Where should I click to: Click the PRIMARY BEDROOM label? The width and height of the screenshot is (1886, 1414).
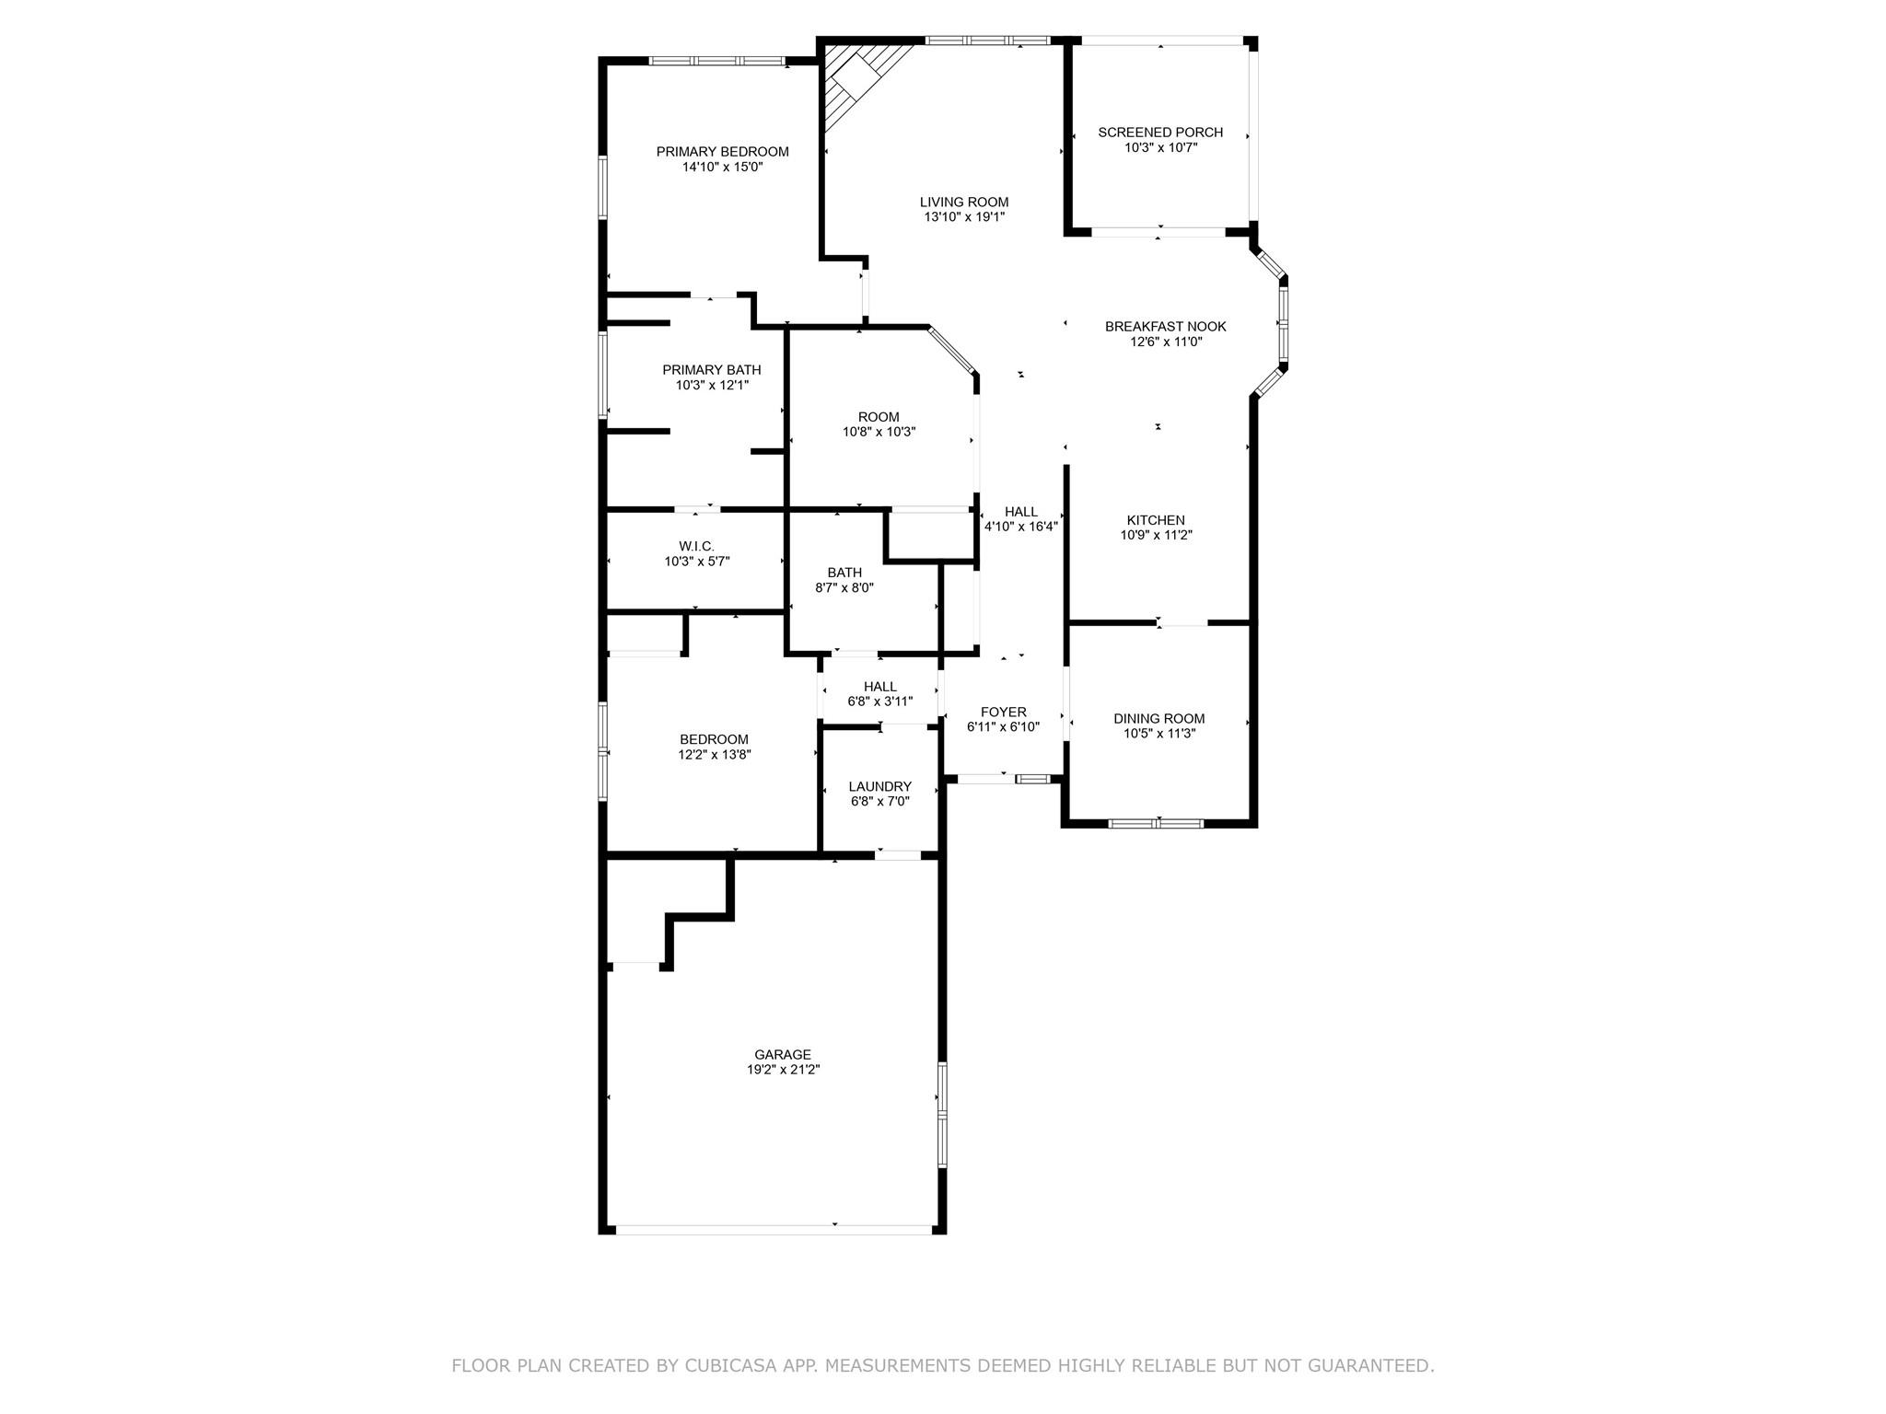[722, 152]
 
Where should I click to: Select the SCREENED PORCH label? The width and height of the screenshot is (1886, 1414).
[1160, 133]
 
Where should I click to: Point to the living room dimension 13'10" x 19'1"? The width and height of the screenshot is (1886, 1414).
[964, 217]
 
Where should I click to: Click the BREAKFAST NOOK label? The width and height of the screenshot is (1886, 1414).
[1165, 327]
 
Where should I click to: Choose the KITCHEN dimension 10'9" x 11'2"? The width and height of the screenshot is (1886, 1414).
[1156, 535]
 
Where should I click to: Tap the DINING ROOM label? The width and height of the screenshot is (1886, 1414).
[1158, 719]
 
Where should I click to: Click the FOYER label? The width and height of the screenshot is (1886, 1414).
[1003, 712]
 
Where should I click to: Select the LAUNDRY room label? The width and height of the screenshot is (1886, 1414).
[879, 786]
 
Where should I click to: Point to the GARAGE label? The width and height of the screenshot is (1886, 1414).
[783, 1055]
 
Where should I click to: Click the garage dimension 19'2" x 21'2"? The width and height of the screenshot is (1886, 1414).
[783, 1070]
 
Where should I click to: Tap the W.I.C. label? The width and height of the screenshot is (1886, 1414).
[696, 547]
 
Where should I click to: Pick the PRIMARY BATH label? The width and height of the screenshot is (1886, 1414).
[712, 370]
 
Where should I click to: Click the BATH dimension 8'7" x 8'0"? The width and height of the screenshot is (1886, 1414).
[844, 587]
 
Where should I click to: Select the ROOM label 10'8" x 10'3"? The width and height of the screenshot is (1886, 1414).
[879, 417]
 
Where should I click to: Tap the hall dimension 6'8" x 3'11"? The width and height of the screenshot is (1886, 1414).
[879, 701]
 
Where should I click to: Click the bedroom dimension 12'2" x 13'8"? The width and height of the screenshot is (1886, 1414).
[714, 754]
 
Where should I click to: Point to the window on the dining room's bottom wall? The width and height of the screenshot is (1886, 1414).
[1156, 823]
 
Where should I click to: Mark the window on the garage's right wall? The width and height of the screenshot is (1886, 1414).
[942, 1115]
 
